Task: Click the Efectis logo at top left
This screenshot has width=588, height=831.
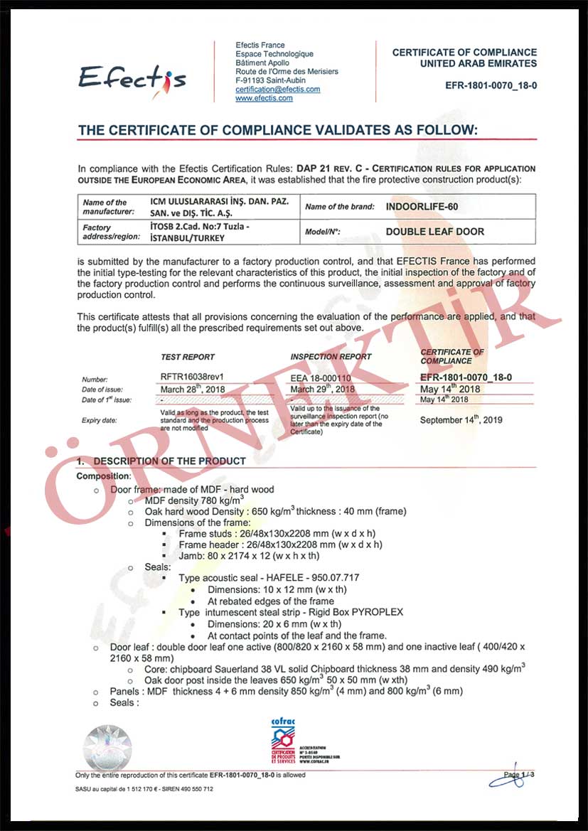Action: point(132,76)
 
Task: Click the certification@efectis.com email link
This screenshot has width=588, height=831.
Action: point(277,90)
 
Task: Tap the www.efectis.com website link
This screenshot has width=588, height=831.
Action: point(264,98)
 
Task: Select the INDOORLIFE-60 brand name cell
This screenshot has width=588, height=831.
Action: point(422,207)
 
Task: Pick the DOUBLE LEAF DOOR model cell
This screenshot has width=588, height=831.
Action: point(435,231)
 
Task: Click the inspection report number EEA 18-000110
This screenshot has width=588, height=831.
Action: point(321,379)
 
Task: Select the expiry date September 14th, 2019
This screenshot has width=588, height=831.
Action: point(461,419)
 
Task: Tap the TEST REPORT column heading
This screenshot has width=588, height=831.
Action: point(188,357)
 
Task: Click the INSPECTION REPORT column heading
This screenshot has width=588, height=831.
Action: point(331,357)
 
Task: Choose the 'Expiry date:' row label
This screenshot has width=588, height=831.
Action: point(100,420)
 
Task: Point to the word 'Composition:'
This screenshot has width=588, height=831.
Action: point(104,476)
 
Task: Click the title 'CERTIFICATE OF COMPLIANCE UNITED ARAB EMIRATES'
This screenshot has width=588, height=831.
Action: point(464,58)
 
